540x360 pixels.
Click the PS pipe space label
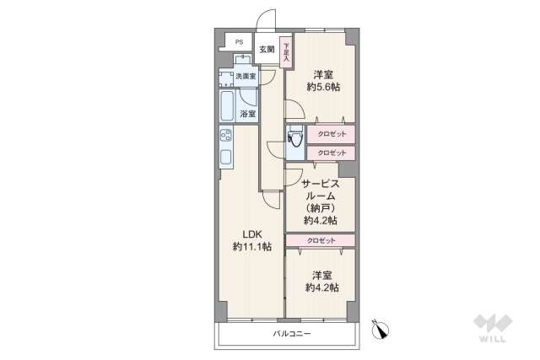239,42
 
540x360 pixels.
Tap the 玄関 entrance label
267,49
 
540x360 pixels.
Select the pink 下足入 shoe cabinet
287,52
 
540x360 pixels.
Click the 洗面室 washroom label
246,77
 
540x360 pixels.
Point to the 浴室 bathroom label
247,114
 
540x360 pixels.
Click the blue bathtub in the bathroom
227,105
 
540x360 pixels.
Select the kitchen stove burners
225,134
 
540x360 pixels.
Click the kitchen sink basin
225,157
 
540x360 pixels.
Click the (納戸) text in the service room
321,207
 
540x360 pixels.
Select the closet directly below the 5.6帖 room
331,134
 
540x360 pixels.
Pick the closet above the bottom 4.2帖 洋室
320,240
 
